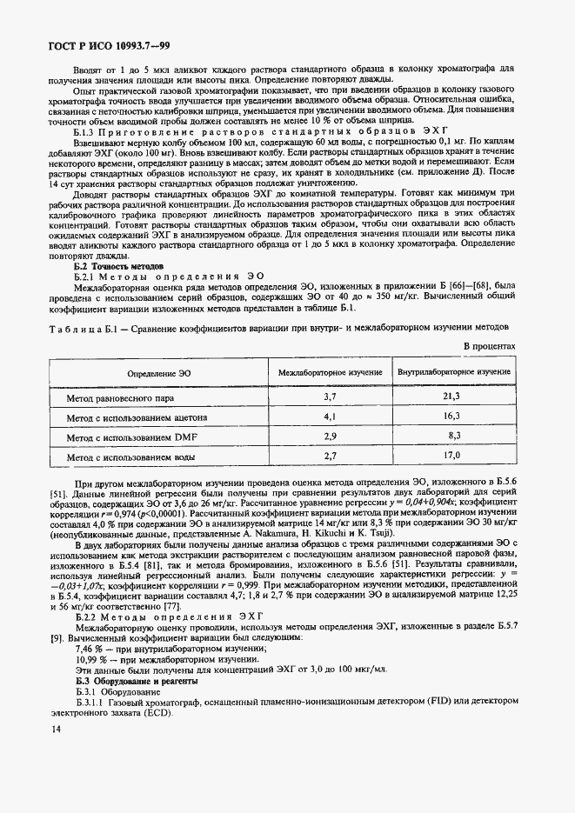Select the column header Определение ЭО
pyautogui.click(x=159, y=371)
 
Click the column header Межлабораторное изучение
pyautogui.click(x=330, y=371)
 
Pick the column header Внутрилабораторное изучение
pyautogui.click(x=453, y=371)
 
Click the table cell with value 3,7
pyautogui.click(x=330, y=397)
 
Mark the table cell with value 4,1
pyautogui.click(x=330, y=416)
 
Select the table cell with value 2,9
pyautogui.click(x=330, y=436)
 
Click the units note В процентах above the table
pyautogui.click(x=488, y=345)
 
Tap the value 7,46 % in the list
pyautogui.click(x=90, y=649)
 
